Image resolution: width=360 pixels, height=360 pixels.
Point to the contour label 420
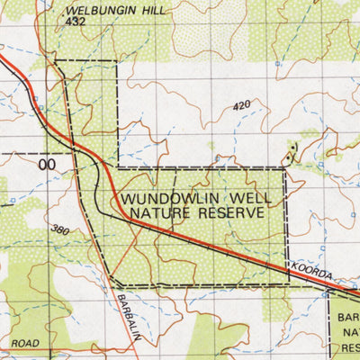click(240, 106)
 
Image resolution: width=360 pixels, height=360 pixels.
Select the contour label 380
click(59, 230)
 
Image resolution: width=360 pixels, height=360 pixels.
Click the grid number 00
click(47, 165)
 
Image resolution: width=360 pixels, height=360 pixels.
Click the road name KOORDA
click(311, 271)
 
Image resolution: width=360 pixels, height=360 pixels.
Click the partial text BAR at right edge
click(347, 318)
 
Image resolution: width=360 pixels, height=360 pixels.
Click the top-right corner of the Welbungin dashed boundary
click(118, 61)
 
